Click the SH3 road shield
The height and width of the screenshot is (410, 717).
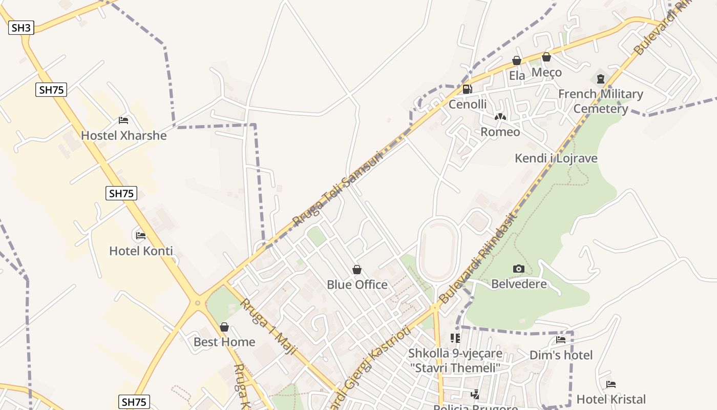(21, 28)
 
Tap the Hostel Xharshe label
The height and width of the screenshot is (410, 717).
(124, 136)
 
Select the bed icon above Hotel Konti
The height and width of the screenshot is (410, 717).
(141, 236)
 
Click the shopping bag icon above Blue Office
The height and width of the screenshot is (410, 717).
(357, 270)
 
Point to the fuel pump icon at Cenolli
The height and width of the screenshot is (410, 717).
(467, 89)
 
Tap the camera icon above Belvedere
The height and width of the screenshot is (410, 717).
(518, 269)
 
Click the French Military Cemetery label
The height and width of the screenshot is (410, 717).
(600, 101)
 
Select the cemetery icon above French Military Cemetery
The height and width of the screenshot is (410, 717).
(600, 79)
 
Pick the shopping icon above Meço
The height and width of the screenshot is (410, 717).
(546, 57)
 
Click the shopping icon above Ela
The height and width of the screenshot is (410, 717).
(517, 60)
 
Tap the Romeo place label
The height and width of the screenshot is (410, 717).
(500, 132)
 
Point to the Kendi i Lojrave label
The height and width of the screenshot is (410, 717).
(556, 158)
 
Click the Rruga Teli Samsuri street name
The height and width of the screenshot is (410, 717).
(338, 189)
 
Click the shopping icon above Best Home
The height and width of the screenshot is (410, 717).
(224, 327)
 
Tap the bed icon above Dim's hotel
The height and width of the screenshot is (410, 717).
(561, 340)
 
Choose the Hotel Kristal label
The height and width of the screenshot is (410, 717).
(611, 399)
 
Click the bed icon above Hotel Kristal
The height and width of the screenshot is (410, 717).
(610, 384)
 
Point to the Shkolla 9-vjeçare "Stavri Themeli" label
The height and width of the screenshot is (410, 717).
(455, 361)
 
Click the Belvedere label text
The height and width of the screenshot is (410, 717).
(519, 284)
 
